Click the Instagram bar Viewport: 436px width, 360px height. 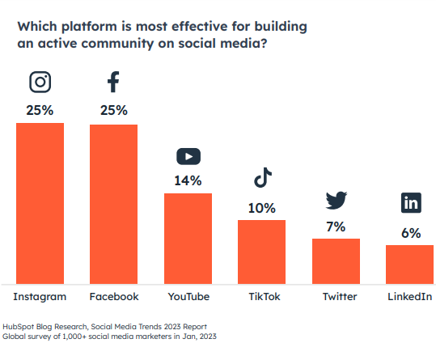point(40,204)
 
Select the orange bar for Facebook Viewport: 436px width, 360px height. point(113,205)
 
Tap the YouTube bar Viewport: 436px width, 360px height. point(188,239)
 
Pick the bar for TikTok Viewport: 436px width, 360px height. point(261,252)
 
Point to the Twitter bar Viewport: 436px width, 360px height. point(336,261)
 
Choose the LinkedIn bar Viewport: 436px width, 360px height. point(409,265)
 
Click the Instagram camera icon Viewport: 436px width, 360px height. point(40,82)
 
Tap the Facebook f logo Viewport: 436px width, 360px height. point(113,82)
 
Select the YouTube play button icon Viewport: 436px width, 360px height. point(188,156)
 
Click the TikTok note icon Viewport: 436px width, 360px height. point(263,177)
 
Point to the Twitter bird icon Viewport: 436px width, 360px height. point(337,200)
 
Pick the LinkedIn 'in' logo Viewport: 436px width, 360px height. point(411,203)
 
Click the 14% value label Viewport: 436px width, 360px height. point(188,180)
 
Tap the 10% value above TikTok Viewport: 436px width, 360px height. point(262,208)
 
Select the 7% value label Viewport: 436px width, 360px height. point(336,227)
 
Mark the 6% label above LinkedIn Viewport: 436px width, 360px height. point(411,233)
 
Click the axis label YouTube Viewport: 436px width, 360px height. point(188,297)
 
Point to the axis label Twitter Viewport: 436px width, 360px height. point(340,297)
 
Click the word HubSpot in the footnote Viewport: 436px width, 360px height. point(19,327)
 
